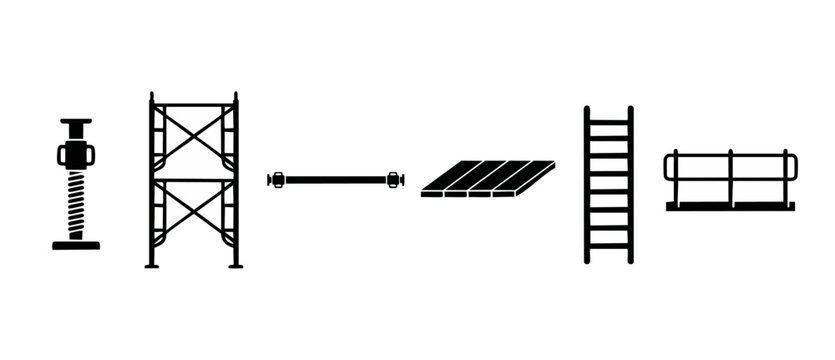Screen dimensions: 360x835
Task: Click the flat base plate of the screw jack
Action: click(76, 244)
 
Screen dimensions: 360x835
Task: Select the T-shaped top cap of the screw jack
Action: click(76, 123)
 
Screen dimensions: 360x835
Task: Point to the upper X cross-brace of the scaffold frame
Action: click(194, 141)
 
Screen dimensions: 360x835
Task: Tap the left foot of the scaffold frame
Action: click(151, 264)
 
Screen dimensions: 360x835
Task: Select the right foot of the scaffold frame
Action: click(237, 264)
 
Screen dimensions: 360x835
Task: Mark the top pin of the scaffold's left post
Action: click(151, 97)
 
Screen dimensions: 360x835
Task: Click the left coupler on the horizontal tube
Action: click(278, 180)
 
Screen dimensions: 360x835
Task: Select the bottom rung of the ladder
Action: click(609, 245)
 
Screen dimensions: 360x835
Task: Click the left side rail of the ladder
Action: click(588, 185)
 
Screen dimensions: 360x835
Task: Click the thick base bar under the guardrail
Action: click(730, 206)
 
